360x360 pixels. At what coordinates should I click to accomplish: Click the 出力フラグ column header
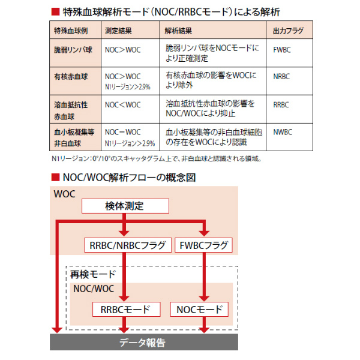point(289,30)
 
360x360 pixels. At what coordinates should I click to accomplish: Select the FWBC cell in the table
point(289,53)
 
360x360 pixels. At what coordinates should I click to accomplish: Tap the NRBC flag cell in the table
point(289,81)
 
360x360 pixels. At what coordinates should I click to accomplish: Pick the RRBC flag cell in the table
point(289,109)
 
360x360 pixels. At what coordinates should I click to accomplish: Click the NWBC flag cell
point(289,137)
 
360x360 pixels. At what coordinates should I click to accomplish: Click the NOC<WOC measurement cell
point(130,109)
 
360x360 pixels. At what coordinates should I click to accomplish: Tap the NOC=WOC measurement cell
point(130,137)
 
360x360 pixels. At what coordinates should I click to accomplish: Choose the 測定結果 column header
point(130,30)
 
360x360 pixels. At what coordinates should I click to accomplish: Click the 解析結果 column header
point(213,30)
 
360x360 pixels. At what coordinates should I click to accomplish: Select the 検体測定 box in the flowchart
point(125,206)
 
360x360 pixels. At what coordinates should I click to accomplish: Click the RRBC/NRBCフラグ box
point(128,245)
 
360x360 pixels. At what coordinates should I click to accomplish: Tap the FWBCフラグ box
point(203,245)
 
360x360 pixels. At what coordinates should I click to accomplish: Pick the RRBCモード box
point(126,310)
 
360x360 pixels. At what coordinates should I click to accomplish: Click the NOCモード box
point(199,310)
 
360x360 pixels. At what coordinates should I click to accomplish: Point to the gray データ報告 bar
point(144,342)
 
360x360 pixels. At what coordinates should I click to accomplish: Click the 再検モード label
point(93,274)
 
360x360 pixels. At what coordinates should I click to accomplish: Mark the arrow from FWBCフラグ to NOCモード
point(204,277)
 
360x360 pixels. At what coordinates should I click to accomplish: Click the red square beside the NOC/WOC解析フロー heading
point(55,178)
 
